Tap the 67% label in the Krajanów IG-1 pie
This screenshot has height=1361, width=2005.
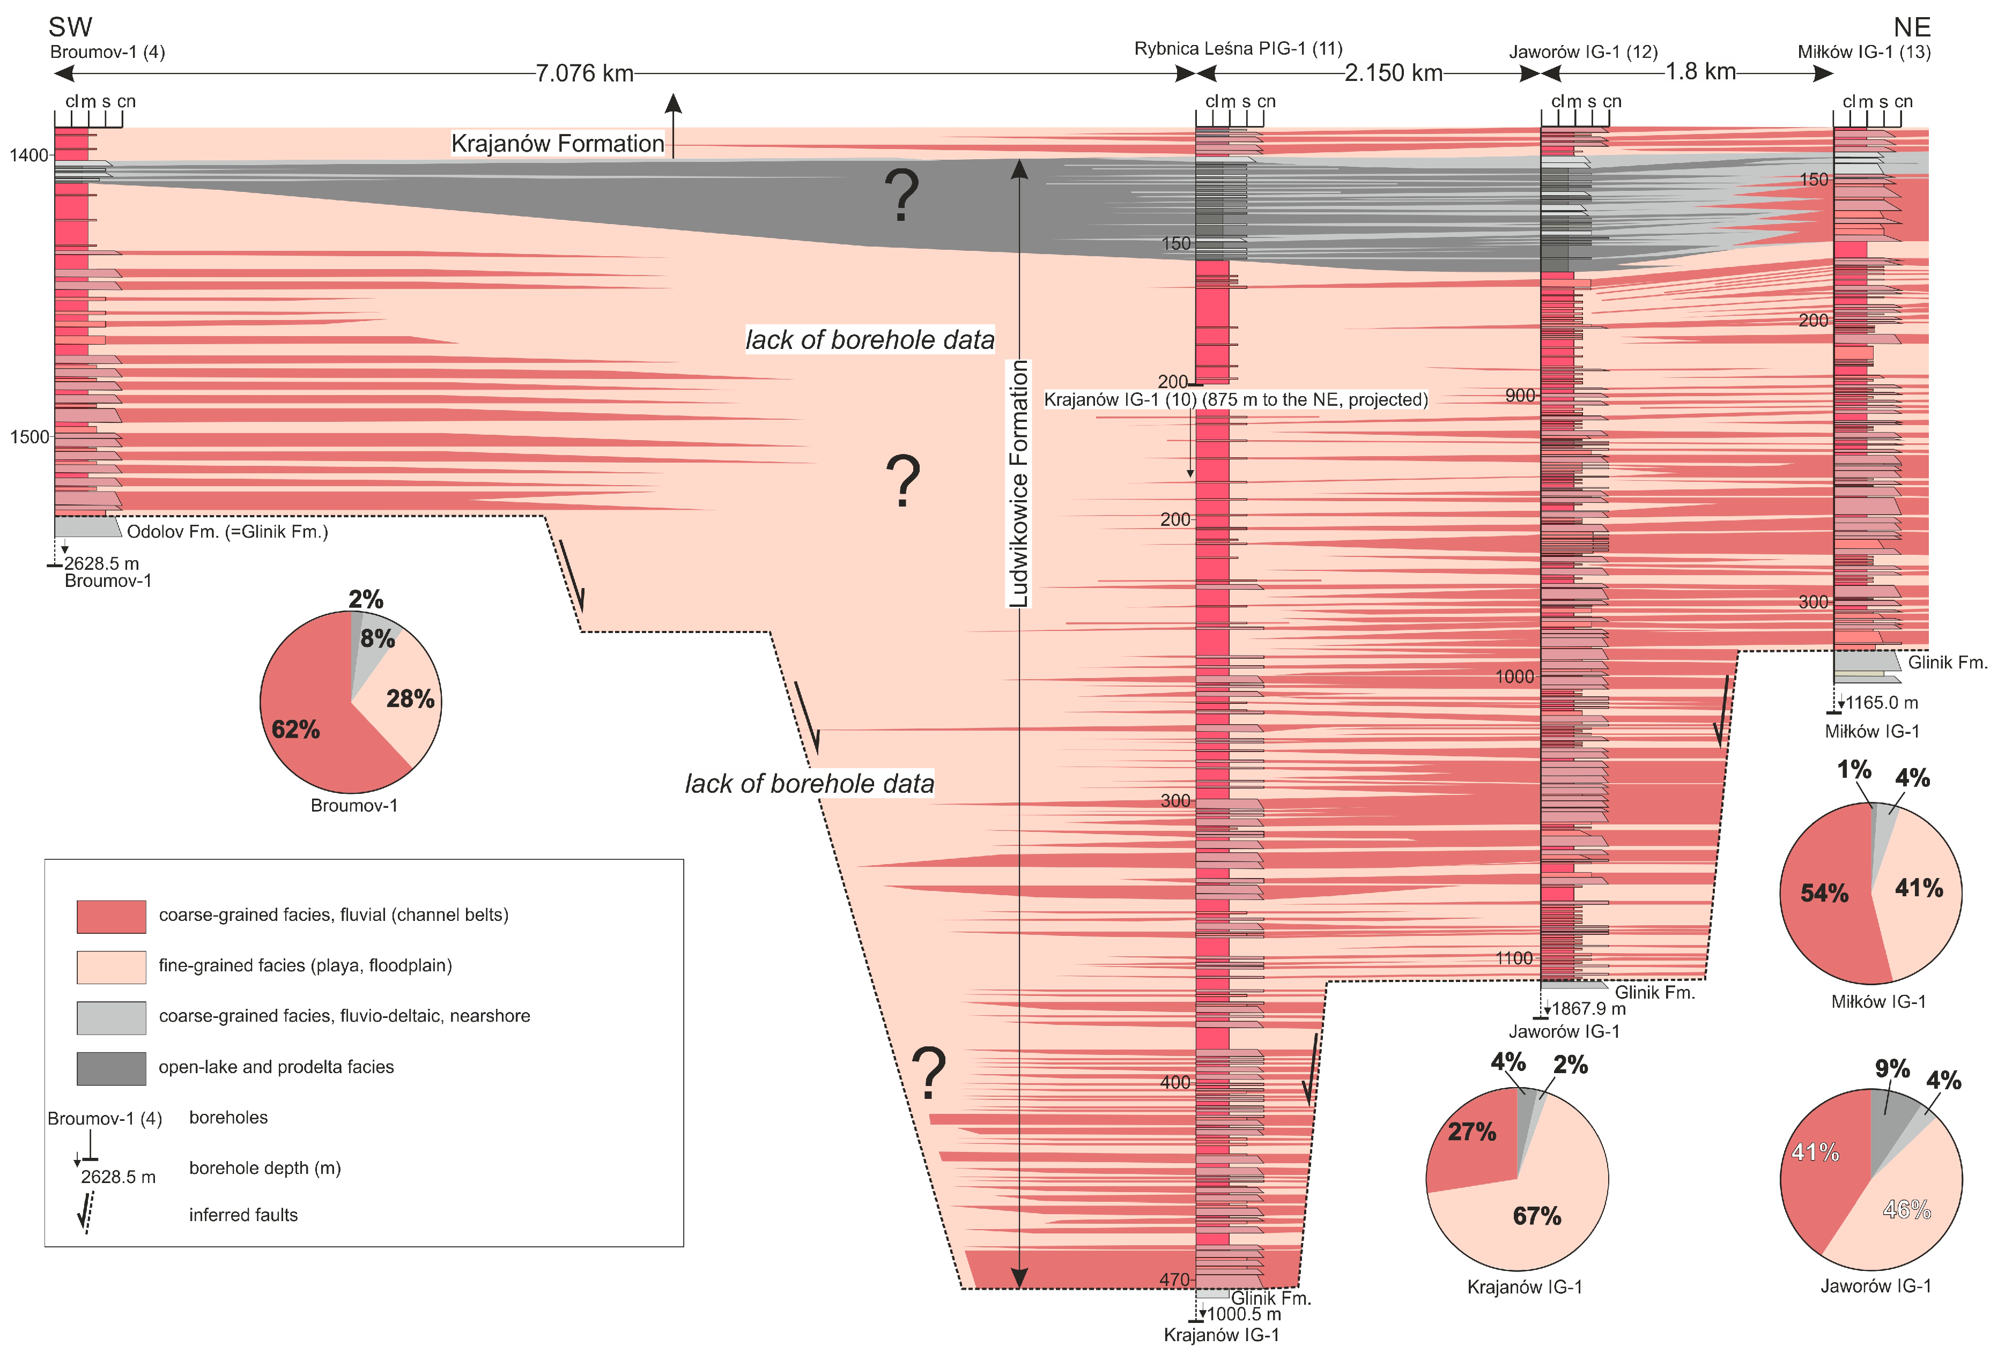coord(1536,1216)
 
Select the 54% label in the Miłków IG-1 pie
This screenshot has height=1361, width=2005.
coord(1824,893)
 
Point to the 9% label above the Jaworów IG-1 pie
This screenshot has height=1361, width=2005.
coord(1892,1069)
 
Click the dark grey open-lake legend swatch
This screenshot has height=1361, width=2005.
coord(112,1068)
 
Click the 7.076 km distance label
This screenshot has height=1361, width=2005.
coord(584,73)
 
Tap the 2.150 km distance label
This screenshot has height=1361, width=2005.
coord(1393,73)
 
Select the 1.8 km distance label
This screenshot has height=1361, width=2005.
coord(1699,72)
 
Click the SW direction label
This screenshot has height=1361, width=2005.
coord(70,27)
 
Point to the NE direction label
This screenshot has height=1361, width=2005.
coord(1911,27)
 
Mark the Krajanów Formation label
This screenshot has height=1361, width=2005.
coord(557,143)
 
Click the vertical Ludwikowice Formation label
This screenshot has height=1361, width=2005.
coord(1019,483)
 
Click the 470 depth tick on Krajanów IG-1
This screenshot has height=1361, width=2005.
coord(1175,1280)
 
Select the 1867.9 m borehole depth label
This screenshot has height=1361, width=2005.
coord(1588,1008)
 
